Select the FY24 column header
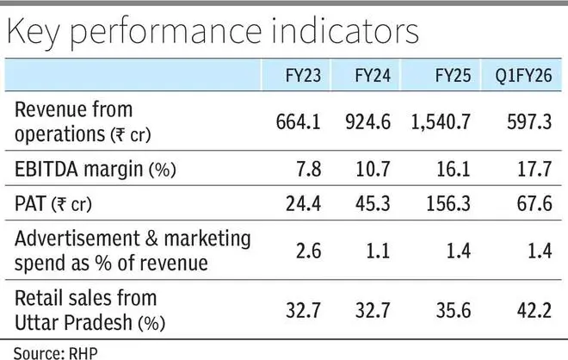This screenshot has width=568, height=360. [371, 74]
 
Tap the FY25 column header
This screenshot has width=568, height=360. [448, 74]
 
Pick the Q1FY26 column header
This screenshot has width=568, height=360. [525, 74]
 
